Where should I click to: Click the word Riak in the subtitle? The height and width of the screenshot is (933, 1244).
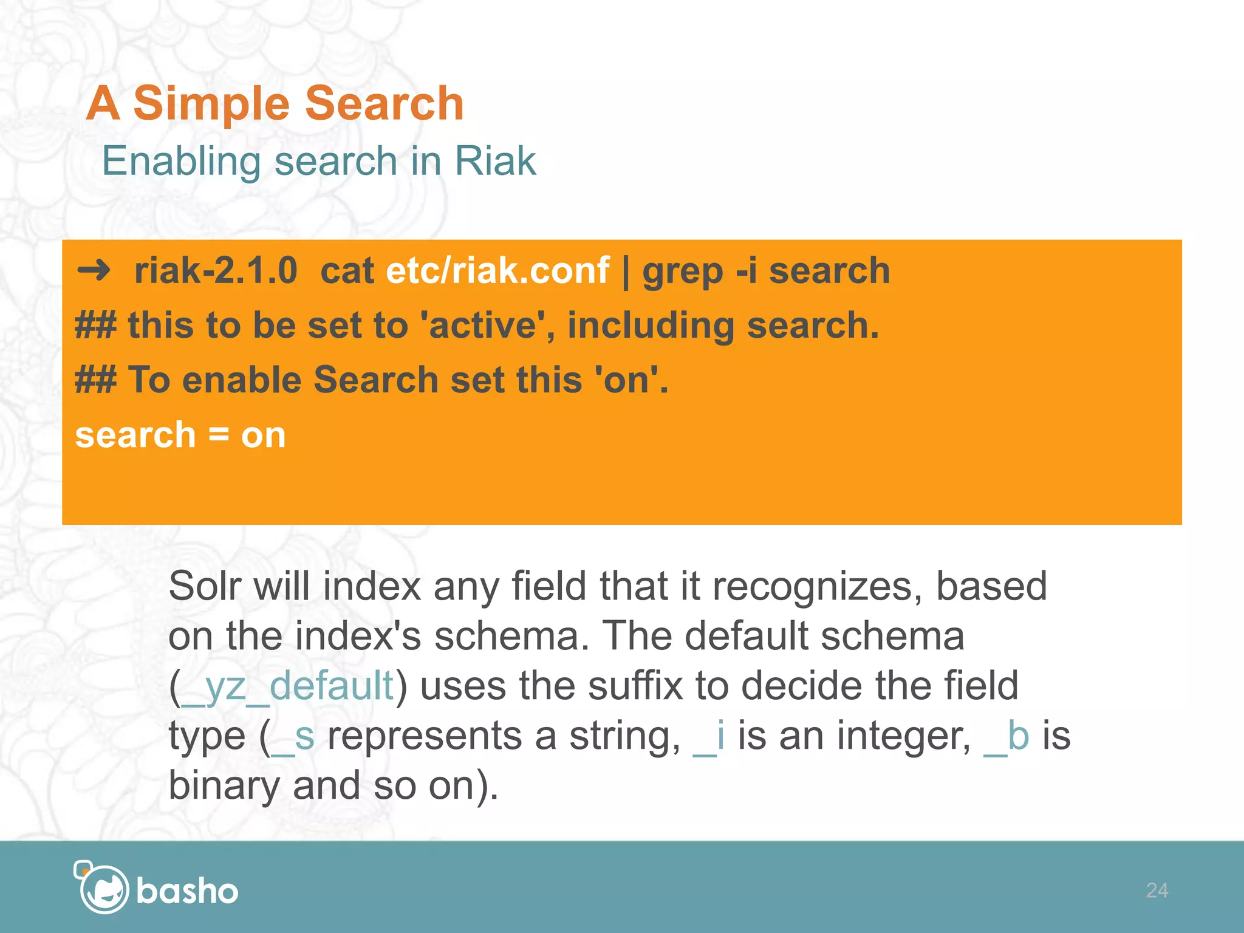point(495,162)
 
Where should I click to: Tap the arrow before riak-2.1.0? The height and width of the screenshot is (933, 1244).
point(94,270)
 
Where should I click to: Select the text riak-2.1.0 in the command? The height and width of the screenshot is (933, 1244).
point(216,270)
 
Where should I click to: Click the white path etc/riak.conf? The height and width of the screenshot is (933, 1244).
point(497,270)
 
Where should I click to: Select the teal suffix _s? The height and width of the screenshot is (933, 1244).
point(293,736)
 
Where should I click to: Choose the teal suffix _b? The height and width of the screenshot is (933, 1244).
point(1006,736)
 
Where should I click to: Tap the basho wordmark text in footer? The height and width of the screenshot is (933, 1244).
point(187,892)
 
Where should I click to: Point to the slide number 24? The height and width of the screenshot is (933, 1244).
point(1157,890)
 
